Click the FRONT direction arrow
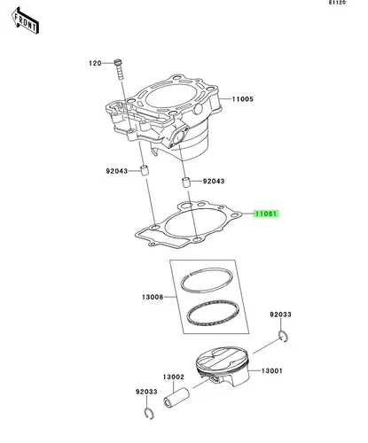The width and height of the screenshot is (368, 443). pyautogui.click(x=25, y=20)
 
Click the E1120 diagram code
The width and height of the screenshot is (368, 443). pyautogui.click(x=337, y=3)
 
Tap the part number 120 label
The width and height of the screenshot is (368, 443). pyautogui.click(x=95, y=63)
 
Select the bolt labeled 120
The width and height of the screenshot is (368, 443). pyautogui.click(x=119, y=69)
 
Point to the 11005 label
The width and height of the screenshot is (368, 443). pyautogui.click(x=243, y=99)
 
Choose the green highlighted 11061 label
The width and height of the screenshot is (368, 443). pyautogui.click(x=266, y=214)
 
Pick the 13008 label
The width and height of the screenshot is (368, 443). pyautogui.click(x=153, y=297)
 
